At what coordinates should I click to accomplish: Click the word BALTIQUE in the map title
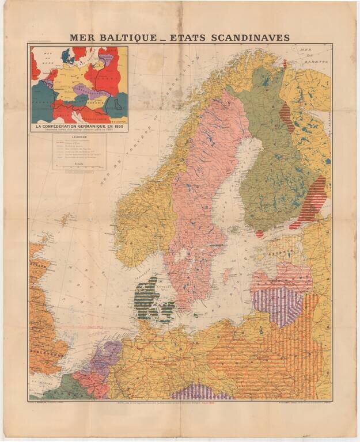[x=123, y=38]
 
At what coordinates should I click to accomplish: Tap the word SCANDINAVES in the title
[x=242, y=38]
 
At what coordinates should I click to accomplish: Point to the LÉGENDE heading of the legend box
[x=79, y=139]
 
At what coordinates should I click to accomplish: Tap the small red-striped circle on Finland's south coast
[x=259, y=234]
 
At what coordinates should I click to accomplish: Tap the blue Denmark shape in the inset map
[x=65, y=56]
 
